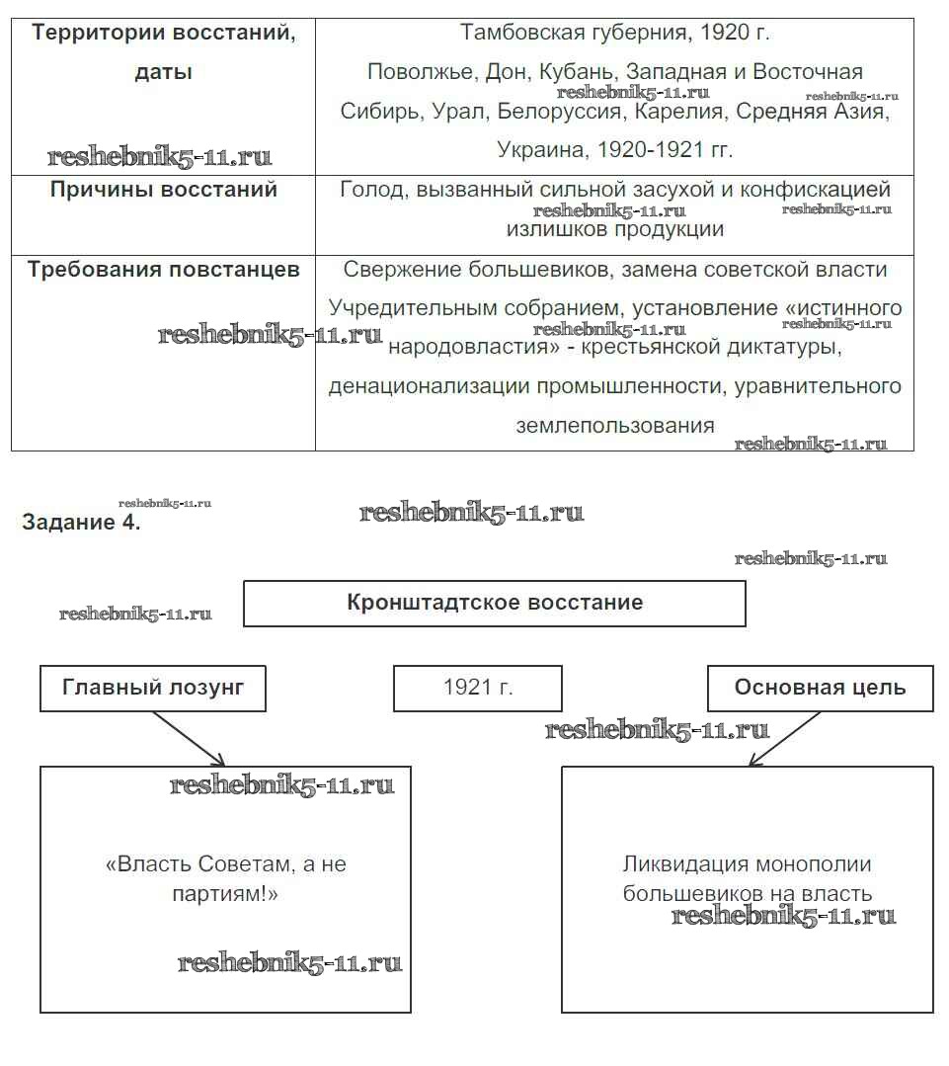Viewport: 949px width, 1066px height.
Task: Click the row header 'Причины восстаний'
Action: tap(163, 190)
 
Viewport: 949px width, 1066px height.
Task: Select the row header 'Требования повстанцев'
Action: tap(163, 270)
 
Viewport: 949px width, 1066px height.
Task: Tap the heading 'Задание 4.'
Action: tap(81, 523)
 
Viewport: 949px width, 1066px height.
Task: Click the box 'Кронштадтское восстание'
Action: tap(494, 603)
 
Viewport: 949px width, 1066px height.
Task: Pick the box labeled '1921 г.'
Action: tap(478, 688)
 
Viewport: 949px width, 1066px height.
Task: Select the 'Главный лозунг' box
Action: tap(153, 688)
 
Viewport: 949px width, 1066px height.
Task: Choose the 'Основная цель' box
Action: tap(820, 688)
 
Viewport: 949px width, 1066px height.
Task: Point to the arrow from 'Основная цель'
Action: tap(785, 738)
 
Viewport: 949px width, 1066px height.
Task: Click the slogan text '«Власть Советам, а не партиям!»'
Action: tap(225, 879)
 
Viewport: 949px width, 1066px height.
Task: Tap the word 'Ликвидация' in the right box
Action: tap(681, 864)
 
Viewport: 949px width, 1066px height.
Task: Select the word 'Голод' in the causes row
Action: tap(370, 190)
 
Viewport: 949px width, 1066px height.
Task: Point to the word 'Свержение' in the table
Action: tap(391, 270)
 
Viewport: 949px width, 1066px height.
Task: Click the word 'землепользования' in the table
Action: tap(614, 426)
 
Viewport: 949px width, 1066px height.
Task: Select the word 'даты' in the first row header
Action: tap(163, 72)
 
